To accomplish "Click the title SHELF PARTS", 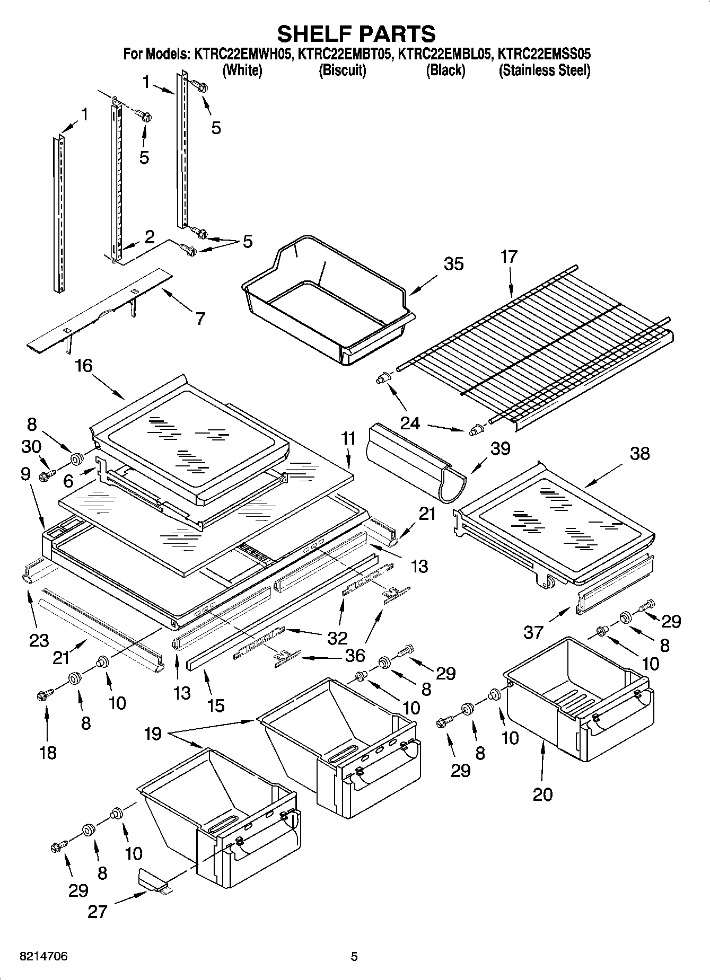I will click(356, 33).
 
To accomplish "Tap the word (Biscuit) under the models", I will click(342, 70).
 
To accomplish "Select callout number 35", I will click(453, 263).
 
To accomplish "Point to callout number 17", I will click(509, 257).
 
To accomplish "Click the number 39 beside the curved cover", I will click(499, 448).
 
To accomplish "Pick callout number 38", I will click(640, 454).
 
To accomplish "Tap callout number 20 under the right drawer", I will click(542, 794).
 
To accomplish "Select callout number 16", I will click(84, 365).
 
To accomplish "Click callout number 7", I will click(200, 319).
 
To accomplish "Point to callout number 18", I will click(48, 753).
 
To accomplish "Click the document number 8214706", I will click(43, 957).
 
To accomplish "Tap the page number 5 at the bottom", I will click(354, 957).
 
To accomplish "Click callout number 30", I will click(31, 446).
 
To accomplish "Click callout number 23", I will click(39, 640).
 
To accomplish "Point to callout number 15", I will click(216, 705).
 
